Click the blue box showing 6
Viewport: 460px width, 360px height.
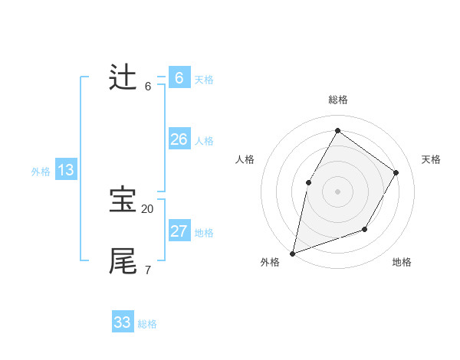click(x=179, y=78)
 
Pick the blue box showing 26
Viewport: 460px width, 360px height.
click(x=179, y=139)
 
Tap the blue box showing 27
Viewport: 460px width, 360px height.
click(x=179, y=231)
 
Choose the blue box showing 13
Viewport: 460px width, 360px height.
click(x=66, y=170)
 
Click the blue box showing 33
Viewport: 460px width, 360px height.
click(x=123, y=322)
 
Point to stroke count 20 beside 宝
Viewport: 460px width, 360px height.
click(x=147, y=208)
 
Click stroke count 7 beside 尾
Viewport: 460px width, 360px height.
click(x=147, y=270)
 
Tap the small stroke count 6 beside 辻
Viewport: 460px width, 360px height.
click(x=147, y=87)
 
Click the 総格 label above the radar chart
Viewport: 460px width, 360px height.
click(x=337, y=100)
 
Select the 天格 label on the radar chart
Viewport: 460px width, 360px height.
click(x=431, y=159)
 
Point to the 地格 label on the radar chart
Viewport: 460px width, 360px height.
click(x=402, y=262)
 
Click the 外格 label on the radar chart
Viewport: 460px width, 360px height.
click(x=270, y=262)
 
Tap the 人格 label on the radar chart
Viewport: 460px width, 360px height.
click(x=245, y=159)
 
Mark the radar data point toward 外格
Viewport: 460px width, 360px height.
click(x=293, y=253)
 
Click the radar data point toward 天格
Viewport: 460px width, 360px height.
click(x=396, y=172)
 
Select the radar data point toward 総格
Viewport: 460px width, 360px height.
click(x=337, y=130)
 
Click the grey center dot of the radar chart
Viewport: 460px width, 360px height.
click(x=337, y=191)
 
